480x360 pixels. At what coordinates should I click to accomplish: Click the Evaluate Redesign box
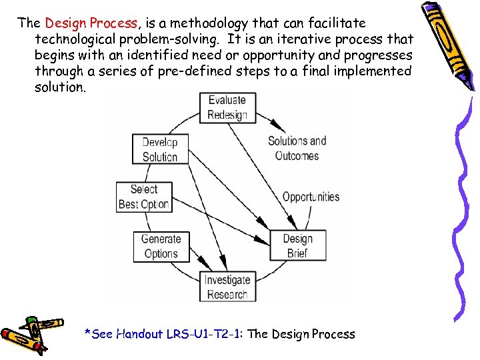click(x=227, y=107)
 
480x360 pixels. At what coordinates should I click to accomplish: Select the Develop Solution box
click(x=160, y=149)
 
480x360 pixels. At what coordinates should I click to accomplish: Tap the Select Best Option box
click(x=143, y=197)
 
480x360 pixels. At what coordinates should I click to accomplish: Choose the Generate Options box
click(x=161, y=246)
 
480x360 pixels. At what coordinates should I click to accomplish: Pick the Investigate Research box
click(x=227, y=287)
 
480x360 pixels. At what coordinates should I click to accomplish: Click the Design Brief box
click(x=297, y=246)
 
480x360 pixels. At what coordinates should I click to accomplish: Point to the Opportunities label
click(x=311, y=197)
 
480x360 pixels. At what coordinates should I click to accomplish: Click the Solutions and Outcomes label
click(x=297, y=148)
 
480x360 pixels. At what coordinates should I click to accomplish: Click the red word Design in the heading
click(x=65, y=23)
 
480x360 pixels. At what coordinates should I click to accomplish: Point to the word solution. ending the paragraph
click(x=60, y=87)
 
